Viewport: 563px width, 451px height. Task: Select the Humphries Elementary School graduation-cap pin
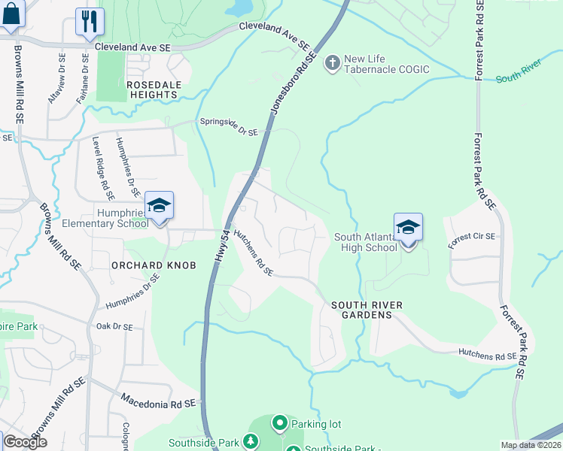coord(159,206)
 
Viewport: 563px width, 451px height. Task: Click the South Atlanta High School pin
coord(407,228)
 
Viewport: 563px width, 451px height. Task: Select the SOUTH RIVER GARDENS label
coord(367,310)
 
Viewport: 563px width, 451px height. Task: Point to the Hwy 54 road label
coord(220,246)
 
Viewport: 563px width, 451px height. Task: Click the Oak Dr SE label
coord(114,327)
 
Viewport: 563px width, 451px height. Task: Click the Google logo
coord(25,442)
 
